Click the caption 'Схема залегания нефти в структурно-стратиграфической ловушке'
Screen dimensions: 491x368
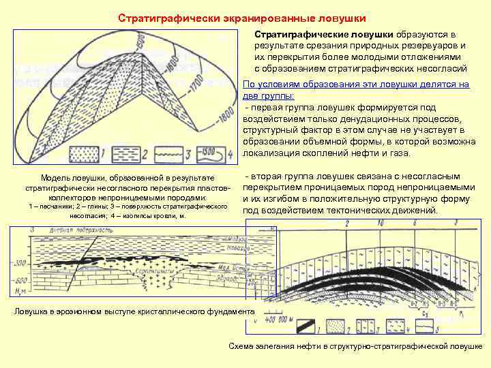tap(355, 346)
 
